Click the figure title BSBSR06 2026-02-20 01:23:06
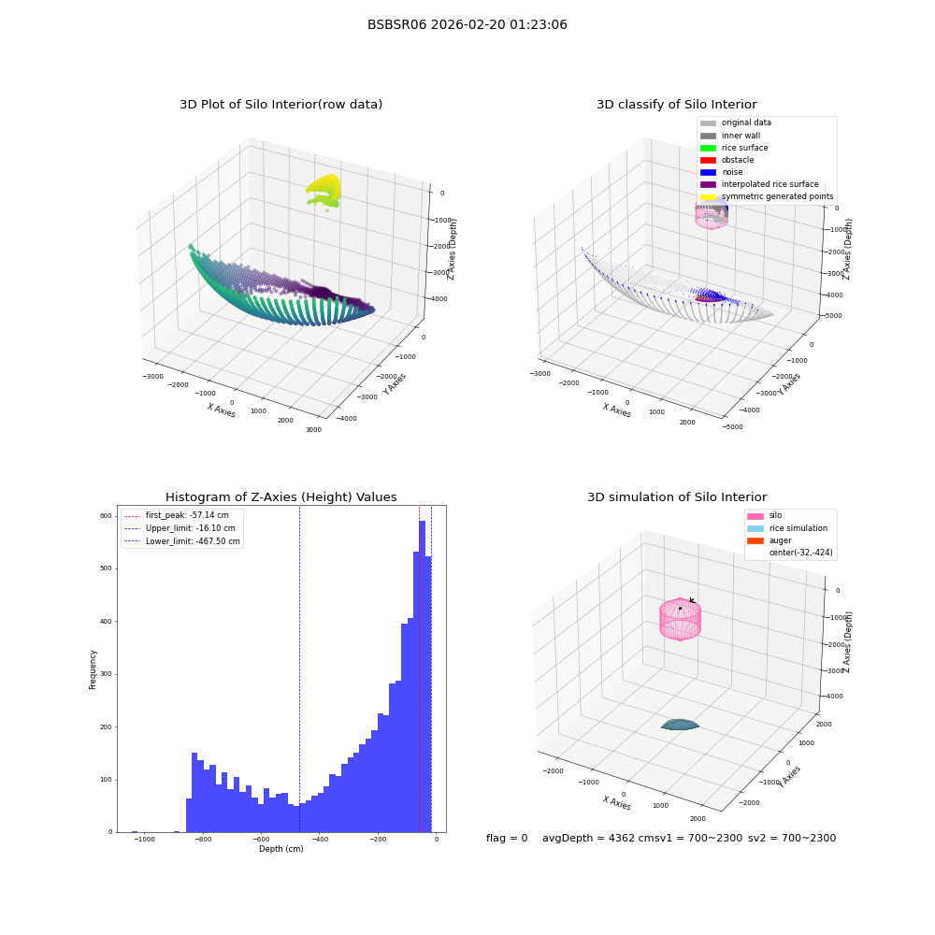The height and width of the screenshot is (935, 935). click(x=467, y=24)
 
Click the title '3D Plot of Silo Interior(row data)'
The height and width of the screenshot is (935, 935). click(x=280, y=105)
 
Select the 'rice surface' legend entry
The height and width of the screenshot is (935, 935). click(x=733, y=148)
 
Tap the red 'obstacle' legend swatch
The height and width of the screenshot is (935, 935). click(x=708, y=160)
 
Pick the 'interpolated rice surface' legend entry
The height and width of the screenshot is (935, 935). click(x=759, y=184)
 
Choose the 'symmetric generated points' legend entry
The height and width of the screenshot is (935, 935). click(x=767, y=196)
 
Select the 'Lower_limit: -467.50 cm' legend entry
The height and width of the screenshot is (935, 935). click(x=182, y=541)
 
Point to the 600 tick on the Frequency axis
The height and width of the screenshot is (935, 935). click(x=106, y=516)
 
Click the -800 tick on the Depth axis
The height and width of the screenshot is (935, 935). click(x=203, y=839)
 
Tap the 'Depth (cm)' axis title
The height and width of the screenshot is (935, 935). click(x=280, y=849)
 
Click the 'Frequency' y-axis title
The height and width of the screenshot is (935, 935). click(x=93, y=669)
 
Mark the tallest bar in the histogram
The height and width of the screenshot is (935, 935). click(x=423, y=677)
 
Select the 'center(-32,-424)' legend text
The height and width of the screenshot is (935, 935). click(x=801, y=553)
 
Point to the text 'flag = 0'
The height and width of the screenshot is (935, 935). click(x=507, y=838)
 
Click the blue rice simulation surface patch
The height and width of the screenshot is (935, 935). click(x=680, y=725)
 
